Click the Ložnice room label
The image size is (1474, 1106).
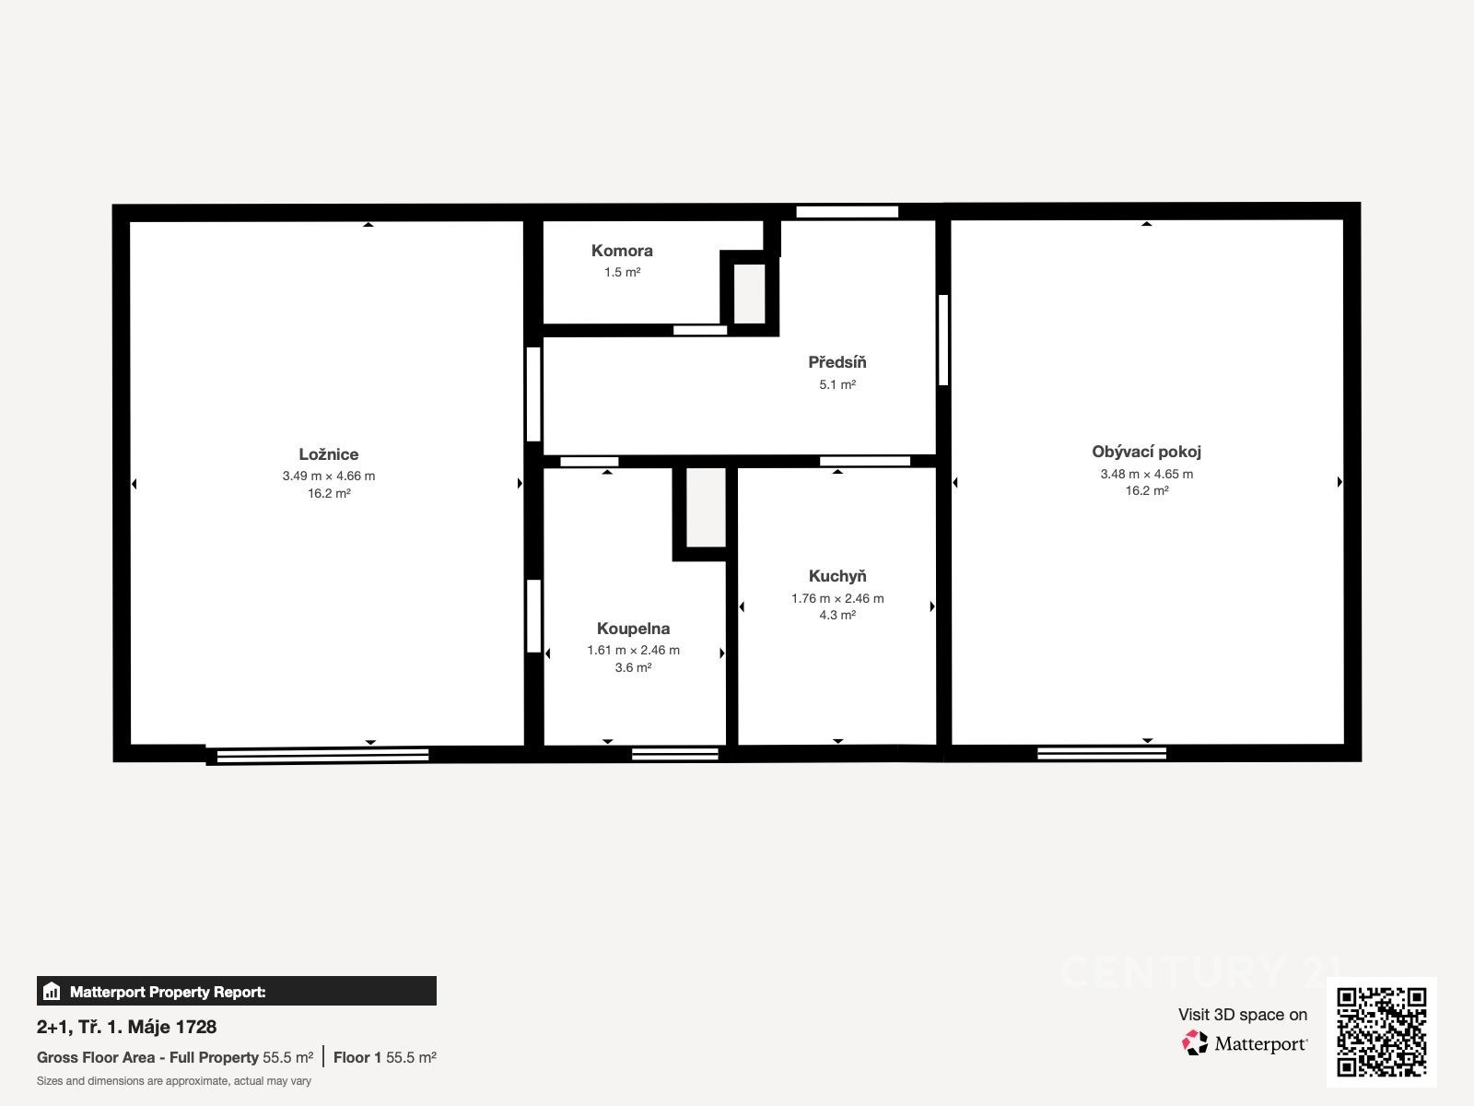pos(328,454)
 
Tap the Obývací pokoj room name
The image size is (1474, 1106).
pos(1146,452)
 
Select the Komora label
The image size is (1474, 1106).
pos(622,251)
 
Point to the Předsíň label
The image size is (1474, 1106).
pos(836,362)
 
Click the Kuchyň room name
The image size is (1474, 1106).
pos(837,576)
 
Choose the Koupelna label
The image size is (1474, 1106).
pos(633,629)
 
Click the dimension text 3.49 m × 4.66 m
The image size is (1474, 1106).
pos(328,477)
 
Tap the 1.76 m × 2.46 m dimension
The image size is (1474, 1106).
pos(837,598)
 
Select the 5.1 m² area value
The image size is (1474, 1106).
pos(837,384)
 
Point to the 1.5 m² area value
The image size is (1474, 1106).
pos(622,273)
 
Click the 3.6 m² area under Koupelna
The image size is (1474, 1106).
pos(633,667)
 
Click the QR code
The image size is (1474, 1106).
pos(1381,1032)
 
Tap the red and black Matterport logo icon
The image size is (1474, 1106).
pos(1195,1043)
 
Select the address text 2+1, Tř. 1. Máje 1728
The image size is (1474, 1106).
pos(126,1027)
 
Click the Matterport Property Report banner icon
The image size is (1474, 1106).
pos(52,991)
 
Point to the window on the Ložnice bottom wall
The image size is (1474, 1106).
pos(322,756)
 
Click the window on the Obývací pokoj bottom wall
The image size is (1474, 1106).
pos(1101,753)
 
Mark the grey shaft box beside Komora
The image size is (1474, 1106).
pos(749,293)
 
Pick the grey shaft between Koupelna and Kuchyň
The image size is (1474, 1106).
pos(706,508)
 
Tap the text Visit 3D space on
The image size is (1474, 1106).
pos(1243,1015)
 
